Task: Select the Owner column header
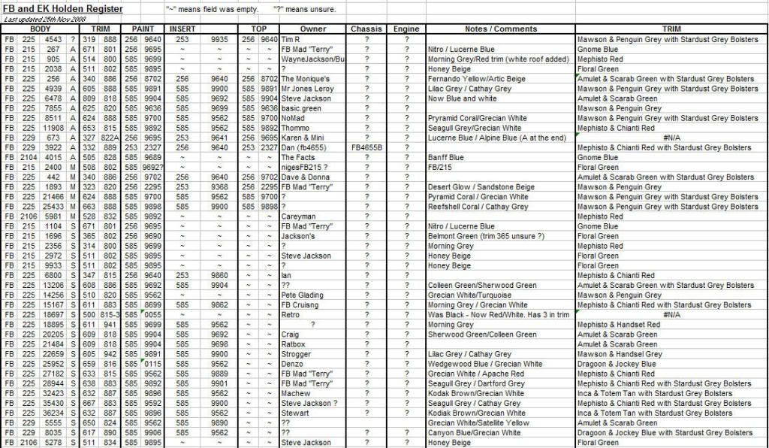pyautogui.click(x=313, y=29)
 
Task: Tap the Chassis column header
pyautogui.click(x=366, y=29)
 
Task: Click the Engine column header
pyautogui.click(x=406, y=29)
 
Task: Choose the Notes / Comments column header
pyautogui.click(x=501, y=29)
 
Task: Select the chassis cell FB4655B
pyautogui.click(x=366, y=147)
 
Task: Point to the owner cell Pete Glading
pyautogui.click(x=302, y=295)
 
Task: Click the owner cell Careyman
pyautogui.click(x=297, y=216)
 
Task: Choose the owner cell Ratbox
pyautogui.click(x=294, y=344)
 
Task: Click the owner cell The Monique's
pyautogui.click(x=303, y=79)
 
